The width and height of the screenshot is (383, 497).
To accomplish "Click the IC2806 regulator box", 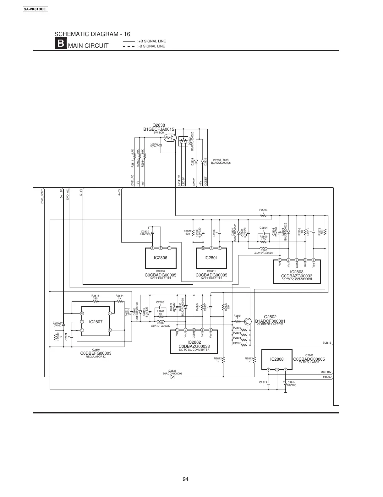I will [161, 258].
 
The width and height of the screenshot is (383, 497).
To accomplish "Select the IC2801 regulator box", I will [211, 258].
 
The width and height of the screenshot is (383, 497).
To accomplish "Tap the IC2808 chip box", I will [277, 359].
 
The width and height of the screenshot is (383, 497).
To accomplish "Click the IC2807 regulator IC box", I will [96, 321].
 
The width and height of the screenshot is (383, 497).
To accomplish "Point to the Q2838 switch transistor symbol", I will [171, 138].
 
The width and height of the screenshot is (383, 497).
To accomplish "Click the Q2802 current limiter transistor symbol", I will [248, 322].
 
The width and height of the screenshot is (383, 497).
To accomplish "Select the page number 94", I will [185, 479].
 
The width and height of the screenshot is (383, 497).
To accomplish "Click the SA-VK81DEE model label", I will [35, 9].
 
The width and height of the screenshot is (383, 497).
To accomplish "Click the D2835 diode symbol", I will [172, 377].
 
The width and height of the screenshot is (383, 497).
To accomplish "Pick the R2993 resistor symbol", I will [263, 216].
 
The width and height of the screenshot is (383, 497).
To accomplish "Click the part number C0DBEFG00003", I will [96, 353].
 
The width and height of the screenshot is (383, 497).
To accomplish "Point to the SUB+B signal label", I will [327, 343].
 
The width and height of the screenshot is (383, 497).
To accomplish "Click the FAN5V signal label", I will [327, 377].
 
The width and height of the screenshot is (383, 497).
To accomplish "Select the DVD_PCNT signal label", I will [42, 197].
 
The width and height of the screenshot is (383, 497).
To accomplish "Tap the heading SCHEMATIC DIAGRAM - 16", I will [92, 34].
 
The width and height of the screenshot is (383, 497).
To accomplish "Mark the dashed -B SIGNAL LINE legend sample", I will [128, 46].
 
